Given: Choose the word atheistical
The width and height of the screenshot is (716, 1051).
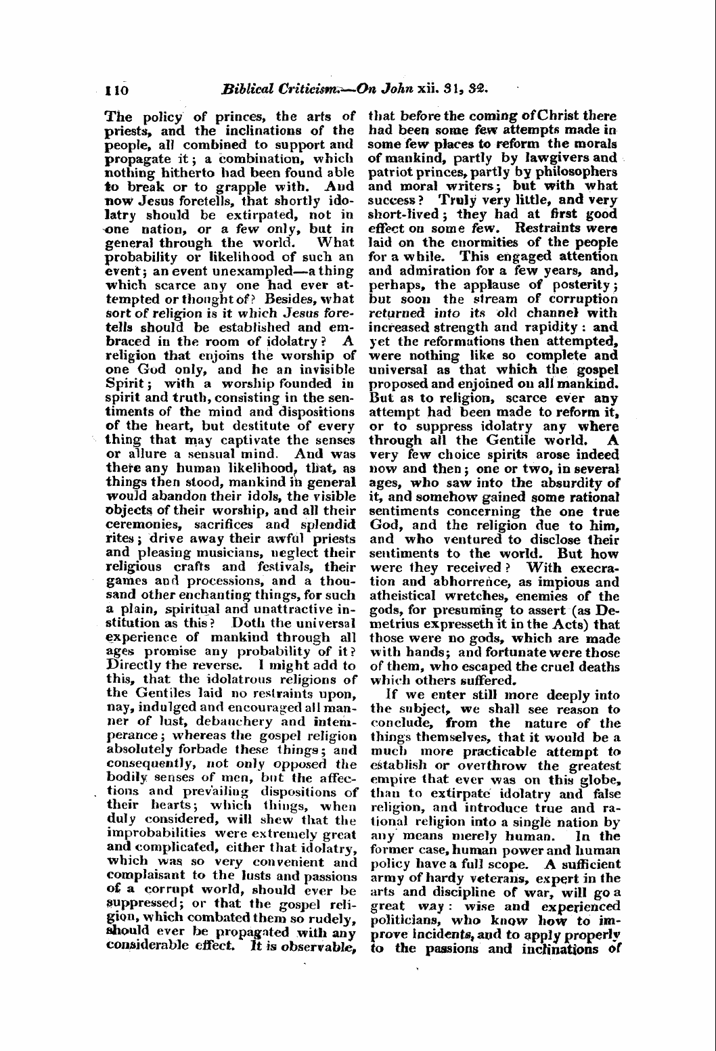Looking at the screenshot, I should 406,596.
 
